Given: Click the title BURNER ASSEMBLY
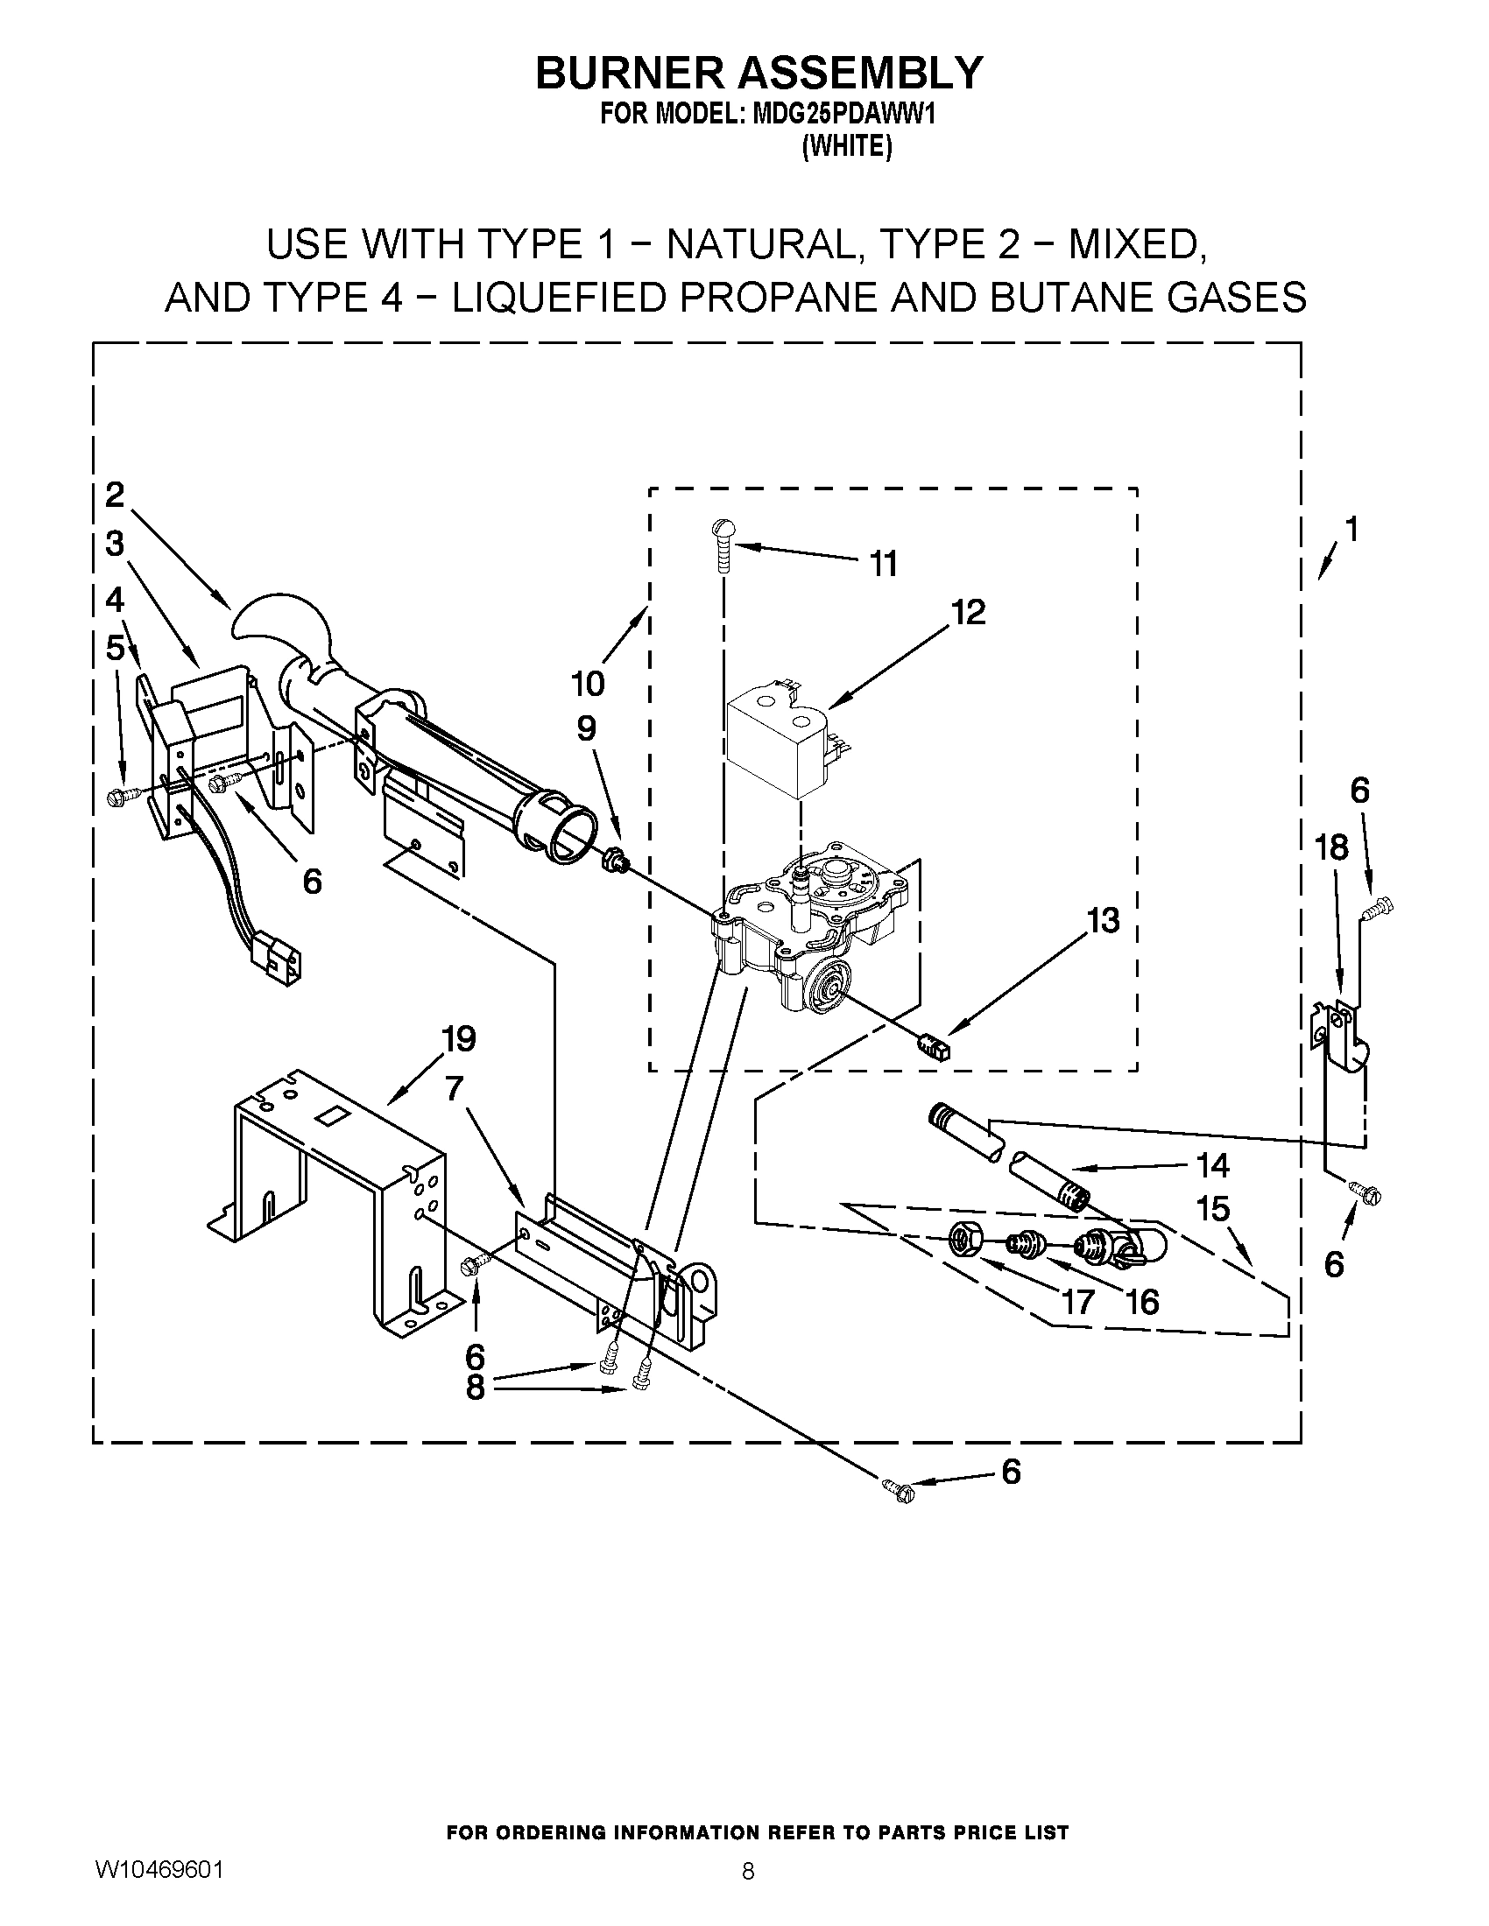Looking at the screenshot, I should click(758, 74).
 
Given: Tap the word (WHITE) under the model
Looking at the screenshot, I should click(846, 146).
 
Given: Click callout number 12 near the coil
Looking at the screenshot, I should click(968, 612).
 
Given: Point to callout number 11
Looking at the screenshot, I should click(883, 564).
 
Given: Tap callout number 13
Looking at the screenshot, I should click(1102, 921).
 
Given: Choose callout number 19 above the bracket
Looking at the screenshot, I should click(458, 1040).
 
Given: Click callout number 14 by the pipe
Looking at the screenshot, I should click(1213, 1166).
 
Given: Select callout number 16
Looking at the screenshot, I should click(1143, 1302).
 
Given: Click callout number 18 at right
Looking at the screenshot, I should click(1330, 847).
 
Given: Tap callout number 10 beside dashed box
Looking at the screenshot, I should click(588, 683).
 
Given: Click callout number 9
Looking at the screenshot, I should click(587, 728).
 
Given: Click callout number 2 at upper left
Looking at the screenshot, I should click(115, 496).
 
